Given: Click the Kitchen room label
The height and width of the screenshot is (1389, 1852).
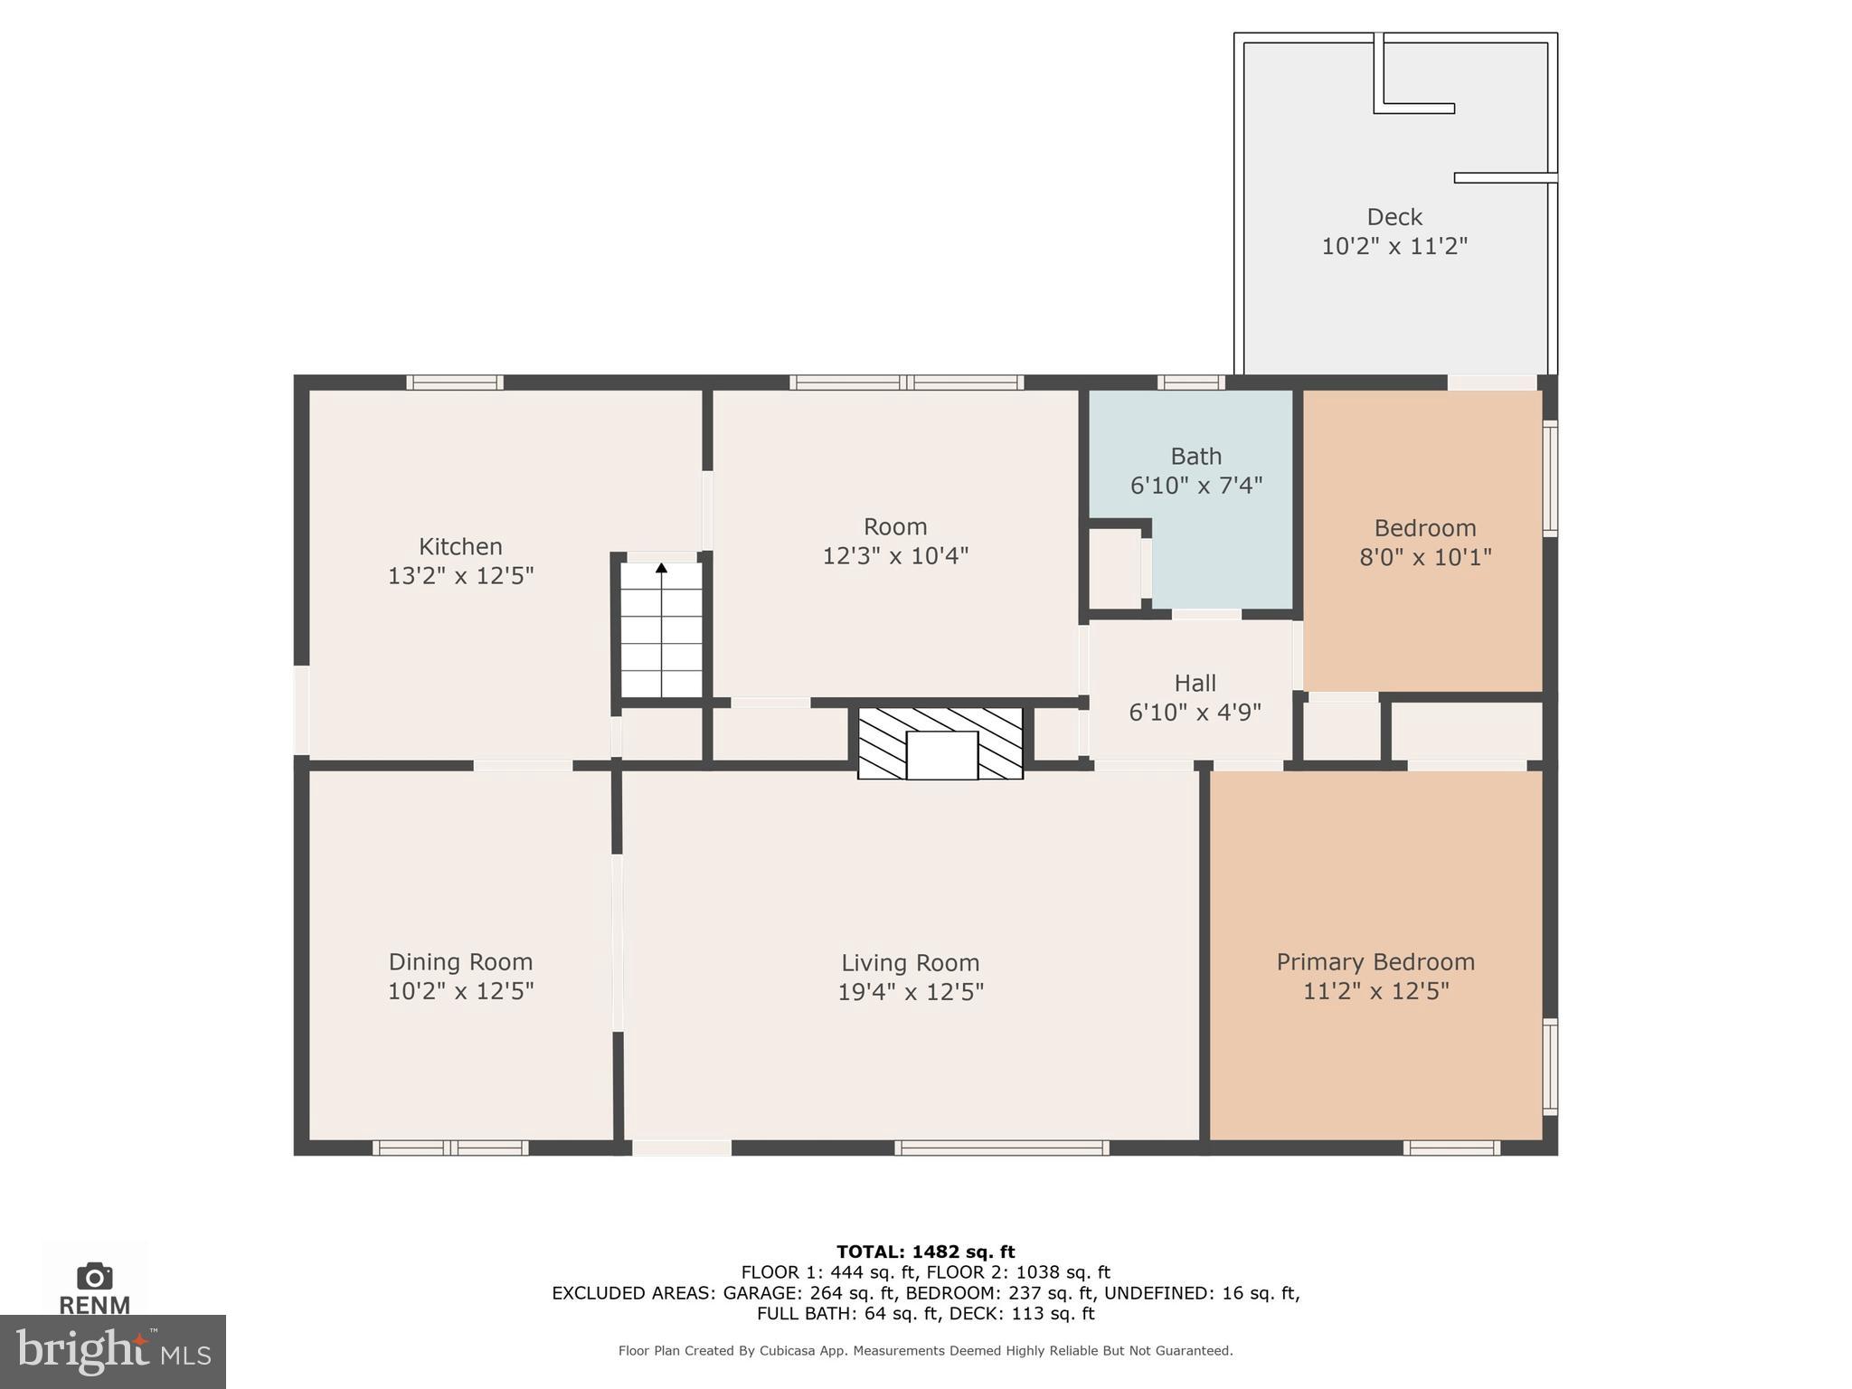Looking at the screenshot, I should pos(460,547).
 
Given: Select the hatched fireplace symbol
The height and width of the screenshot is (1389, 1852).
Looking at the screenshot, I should pos(940,743).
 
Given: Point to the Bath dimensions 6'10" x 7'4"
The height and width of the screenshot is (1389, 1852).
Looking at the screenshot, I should pos(1195,486).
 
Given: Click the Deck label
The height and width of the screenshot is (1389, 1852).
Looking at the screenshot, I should pos(1394,217).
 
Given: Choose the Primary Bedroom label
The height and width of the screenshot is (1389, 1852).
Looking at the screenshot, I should pos(1375,962).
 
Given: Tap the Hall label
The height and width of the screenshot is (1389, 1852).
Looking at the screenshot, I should pos(1195,684).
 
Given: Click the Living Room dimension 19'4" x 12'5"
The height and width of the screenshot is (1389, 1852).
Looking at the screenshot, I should pos(910,992).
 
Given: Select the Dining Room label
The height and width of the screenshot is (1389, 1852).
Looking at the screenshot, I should pos(460,962).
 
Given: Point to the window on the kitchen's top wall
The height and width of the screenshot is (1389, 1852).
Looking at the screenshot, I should pos(454,383).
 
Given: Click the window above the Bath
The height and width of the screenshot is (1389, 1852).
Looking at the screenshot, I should pos(1191,383).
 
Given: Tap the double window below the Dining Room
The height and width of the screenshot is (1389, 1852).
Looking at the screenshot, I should pos(450,1148).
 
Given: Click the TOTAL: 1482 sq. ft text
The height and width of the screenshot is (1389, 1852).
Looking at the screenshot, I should pos(925,1252).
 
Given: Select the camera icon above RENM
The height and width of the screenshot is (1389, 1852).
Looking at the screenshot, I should pos(94,1277).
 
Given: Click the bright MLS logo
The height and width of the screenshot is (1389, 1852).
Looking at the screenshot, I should pos(112,1351).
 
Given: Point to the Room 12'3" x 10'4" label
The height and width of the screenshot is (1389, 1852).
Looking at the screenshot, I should pos(894,541).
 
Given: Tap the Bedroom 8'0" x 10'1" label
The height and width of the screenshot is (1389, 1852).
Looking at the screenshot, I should pos(1424,542).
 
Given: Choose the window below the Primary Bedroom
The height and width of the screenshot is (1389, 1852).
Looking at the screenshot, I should pos(1451,1148).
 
